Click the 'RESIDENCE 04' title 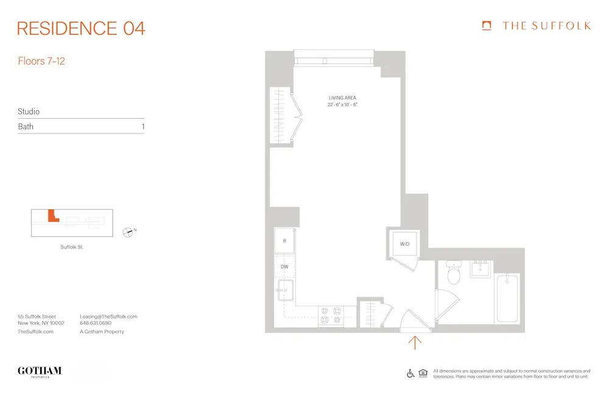click(x=81, y=28)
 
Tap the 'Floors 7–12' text click(x=41, y=62)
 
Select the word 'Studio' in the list click(x=29, y=112)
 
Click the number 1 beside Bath click(x=143, y=127)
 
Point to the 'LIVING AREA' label click(x=342, y=97)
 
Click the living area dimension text click(x=342, y=105)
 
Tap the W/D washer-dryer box click(x=404, y=244)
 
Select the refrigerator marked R click(x=284, y=241)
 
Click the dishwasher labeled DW click(x=284, y=267)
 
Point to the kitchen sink click(x=284, y=290)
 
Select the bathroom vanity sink click(x=481, y=268)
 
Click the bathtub click(x=507, y=298)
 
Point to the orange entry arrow click(x=415, y=343)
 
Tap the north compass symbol click(x=128, y=231)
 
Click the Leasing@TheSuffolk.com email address click(x=108, y=317)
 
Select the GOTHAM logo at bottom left click(x=40, y=371)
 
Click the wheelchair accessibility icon click(x=410, y=373)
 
